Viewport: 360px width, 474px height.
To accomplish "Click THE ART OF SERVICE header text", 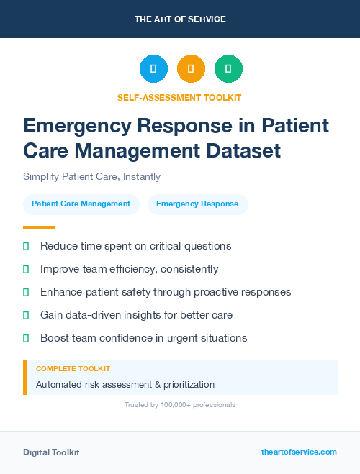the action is (x=179, y=19).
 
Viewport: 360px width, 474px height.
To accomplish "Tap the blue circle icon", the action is (x=153, y=69).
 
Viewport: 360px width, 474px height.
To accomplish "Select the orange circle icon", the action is (x=191, y=69).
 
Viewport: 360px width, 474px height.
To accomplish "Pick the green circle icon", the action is (x=228, y=69).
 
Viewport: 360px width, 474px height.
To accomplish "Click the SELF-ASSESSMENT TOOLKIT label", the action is (x=179, y=97).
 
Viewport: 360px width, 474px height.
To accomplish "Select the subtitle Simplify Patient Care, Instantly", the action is (x=91, y=176).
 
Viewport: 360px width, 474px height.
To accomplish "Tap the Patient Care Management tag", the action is (x=81, y=204).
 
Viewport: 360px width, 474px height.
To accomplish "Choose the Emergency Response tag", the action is (x=197, y=204).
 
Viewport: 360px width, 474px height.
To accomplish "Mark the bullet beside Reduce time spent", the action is (x=26, y=246).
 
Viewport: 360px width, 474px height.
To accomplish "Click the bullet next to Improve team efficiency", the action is (x=26, y=269).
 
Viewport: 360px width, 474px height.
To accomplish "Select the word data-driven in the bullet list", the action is (x=96, y=315).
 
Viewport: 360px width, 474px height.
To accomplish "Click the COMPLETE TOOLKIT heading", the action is (x=73, y=368).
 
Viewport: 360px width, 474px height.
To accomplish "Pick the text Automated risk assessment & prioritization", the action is (x=125, y=384).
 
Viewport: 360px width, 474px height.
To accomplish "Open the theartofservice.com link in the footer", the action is (x=299, y=452).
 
